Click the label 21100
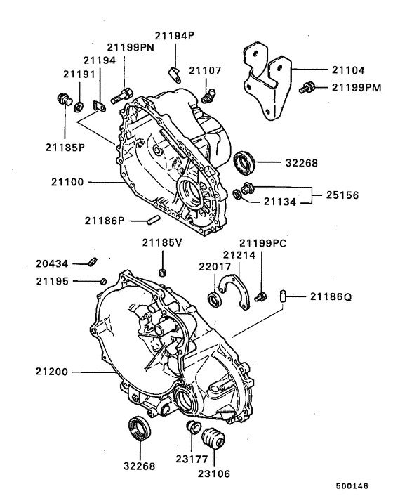pos(67,182)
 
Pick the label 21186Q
pos(328,298)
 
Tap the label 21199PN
pos(131,46)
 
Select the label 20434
pos(53,264)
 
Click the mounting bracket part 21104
pos(266,81)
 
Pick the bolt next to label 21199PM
pos(306,88)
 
